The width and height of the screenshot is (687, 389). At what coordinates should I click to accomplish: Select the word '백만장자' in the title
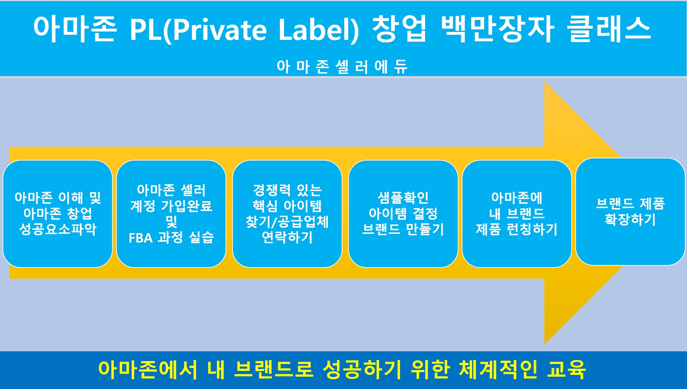pyautogui.click(x=498, y=29)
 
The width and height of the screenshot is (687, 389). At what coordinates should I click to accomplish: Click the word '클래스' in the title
pyautogui.click(x=609, y=29)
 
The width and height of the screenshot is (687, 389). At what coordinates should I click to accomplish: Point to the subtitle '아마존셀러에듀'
pyautogui.click(x=342, y=67)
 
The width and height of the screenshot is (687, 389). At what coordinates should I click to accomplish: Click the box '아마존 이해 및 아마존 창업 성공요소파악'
pyautogui.click(x=58, y=214)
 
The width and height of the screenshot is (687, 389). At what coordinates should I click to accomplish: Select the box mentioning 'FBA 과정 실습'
pyautogui.click(x=171, y=214)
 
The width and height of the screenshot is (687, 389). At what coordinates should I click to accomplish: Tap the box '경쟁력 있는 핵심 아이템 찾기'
pyautogui.click(x=287, y=214)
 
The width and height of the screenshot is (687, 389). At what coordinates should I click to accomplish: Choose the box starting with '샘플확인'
pyautogui.click(x=403, y=214)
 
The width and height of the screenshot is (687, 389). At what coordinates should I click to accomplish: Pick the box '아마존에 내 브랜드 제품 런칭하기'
pyautogui.click(x=517, y=214)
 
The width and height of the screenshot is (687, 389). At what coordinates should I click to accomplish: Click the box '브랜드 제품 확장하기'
pyautogui.click(x=630, y=212)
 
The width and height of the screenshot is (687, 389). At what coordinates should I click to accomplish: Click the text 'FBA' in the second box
pyautogui.click(x=141, y=238)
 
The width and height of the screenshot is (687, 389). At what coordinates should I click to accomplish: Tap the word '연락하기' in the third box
pyautogui.click(x=287, y=237)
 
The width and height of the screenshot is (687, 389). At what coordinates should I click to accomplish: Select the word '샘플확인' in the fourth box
pyautogui.click(x=403, y=198)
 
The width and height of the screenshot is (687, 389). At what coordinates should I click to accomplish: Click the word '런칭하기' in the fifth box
pyautogui.click(x=532, y=229)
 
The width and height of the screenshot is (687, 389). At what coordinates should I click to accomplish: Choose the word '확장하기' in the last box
pyautogui.click(x=630, y=220)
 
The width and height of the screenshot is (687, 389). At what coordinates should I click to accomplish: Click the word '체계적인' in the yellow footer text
pyautogui.click(x=498, y=370)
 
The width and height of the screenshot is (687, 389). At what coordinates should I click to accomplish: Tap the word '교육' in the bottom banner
pyautogui.click(x=567, y=370)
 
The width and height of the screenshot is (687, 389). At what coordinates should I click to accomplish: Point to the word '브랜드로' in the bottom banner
pyautogui.click(x=274, y=370)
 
